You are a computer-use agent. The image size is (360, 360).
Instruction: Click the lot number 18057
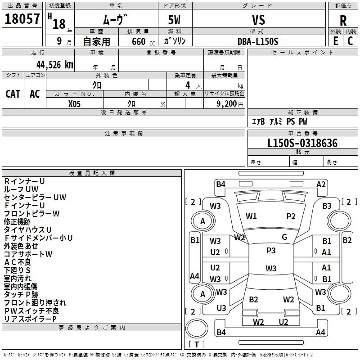click(x=22, y=19)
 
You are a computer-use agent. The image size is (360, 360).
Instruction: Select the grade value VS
click(x=259, y=20)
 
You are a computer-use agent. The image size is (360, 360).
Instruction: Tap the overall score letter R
click(x=343, y=20)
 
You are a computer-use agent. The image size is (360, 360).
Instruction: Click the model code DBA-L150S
click(x=258, y=41)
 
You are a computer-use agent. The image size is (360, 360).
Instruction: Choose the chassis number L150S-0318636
click(x=302, y=143)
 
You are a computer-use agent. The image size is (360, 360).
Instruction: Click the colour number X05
click(x=75, y=103)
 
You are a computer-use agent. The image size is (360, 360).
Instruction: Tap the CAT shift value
click(x=13, y=94)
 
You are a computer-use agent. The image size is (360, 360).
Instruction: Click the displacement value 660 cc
click(x=138, y=41)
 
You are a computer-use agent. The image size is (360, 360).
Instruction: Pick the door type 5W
click(x=175, y=20)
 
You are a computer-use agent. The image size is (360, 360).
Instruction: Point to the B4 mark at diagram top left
click(x=220, y=184)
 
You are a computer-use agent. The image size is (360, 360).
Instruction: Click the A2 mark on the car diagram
click(x=321, y=184)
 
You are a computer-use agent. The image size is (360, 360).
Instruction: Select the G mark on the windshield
click(x=284, y=237)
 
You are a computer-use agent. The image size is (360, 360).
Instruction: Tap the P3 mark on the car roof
click(x=271, y=251)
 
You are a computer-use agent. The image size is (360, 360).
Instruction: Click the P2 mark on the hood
click(x=291, y=216)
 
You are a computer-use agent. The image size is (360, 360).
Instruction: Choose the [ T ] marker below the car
click(x=197, y=344)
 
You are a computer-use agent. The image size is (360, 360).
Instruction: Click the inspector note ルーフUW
click(x=21, y=189)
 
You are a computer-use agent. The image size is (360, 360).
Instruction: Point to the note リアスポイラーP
click(x=30, y=319)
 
